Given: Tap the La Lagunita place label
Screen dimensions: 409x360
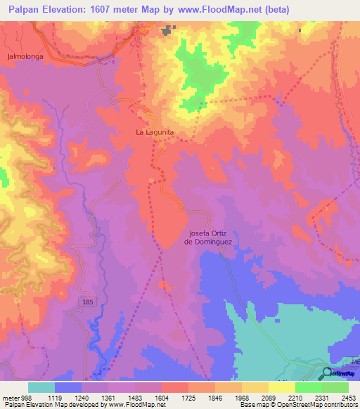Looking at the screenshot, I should pyautogui.click(x=155, y=131).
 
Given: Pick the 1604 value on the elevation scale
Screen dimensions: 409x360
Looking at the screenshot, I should pyautogui.click(x=162, y=397).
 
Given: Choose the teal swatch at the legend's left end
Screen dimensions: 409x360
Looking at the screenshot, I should pyautogui.click(x=41, y=387).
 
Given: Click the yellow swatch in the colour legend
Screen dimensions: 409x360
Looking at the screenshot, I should pyautogui.click(x=281, y=387).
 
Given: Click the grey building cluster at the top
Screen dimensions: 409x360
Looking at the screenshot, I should pyautogui.click(x=168, y=30).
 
